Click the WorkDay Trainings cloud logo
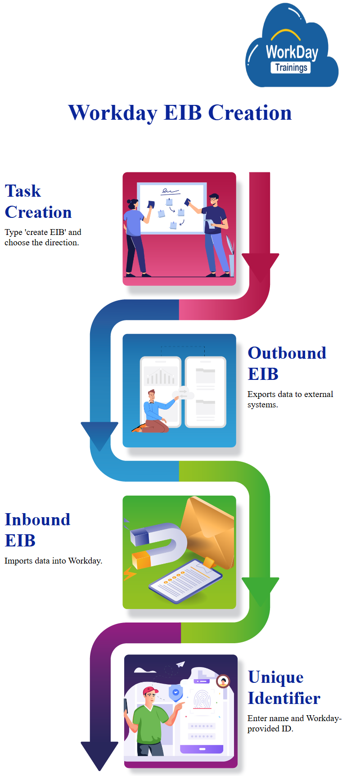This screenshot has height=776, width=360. coord(292,50)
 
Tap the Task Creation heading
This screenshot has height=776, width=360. coord(38,202)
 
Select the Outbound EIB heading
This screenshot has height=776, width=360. coord(287,363)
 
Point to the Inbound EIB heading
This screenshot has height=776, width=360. coord(37,530)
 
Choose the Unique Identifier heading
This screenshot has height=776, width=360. coord(283,687)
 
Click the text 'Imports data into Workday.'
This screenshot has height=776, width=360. coord(53,561)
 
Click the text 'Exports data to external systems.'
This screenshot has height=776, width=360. coord(290,399)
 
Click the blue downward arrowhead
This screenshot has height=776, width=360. coord(99,435)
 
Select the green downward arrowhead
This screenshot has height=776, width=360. coord(260,590)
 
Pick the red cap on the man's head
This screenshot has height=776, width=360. coord(150,690)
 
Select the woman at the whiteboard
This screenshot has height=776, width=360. coord(135,236)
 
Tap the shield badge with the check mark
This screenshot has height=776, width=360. coord(175,693)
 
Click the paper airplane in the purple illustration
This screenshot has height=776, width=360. coord(180,664)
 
